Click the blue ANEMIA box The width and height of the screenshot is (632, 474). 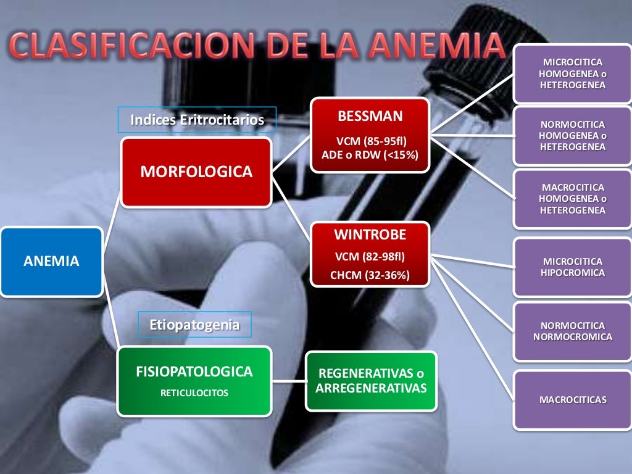[51, 262]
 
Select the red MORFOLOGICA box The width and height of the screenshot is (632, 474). [196, 172]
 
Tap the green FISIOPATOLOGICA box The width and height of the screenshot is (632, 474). [194, 380]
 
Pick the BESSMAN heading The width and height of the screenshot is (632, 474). [370, 116]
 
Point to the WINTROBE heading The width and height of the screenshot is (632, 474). [370, 235]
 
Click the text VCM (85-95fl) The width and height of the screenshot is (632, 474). [370, 141]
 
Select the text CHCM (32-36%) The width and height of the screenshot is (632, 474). [370, 275]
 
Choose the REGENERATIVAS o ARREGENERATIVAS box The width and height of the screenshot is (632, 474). [371, 381]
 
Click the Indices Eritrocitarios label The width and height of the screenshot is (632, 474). [197, 120]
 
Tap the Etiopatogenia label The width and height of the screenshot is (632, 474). [194, 325]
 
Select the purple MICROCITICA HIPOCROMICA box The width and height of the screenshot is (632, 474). [573, 267]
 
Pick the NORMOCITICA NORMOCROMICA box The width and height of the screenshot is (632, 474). [573, 331]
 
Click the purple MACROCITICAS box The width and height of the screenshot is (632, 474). [573, 400]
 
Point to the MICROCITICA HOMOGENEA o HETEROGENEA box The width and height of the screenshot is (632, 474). [573, 74]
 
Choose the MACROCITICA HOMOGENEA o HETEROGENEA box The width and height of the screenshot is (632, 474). [573, 199]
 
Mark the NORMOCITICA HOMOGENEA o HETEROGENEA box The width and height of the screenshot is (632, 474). [573, 136]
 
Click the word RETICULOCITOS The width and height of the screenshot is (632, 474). [194, 393]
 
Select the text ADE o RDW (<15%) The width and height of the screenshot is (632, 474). [370, 154]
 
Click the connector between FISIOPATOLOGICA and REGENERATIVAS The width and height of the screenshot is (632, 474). [289, 381]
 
